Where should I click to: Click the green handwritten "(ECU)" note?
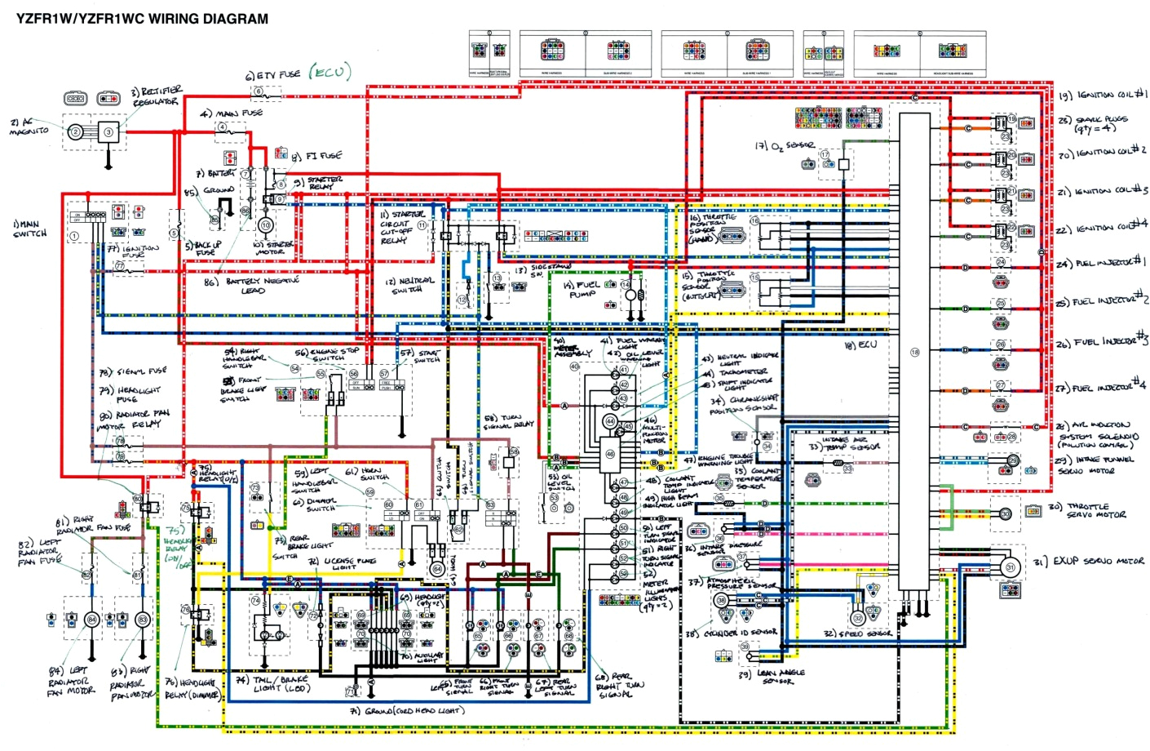click(x=330, y=73)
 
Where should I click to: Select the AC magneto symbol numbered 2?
click(x=76, y=131)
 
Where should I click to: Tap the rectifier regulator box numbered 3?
click(x=109, y=131)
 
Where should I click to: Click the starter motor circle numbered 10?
click(x=265, y=224)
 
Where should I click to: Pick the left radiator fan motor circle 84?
click(x=91, y=620)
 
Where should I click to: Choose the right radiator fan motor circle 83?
click(x=143, y=620)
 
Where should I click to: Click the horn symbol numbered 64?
click(x=437, y=569)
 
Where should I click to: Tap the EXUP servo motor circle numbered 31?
click(x=1011, y=567)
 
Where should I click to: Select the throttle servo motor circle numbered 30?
click(x=1006, y=513)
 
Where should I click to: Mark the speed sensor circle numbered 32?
click(x=858, y=619)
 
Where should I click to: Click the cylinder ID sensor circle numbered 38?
click(x=721, y=601)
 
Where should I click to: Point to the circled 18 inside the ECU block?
click(x=914, y=353)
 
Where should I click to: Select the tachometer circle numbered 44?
click(x=610, y=422)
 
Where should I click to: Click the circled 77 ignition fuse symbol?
click(x=119, y=266)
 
